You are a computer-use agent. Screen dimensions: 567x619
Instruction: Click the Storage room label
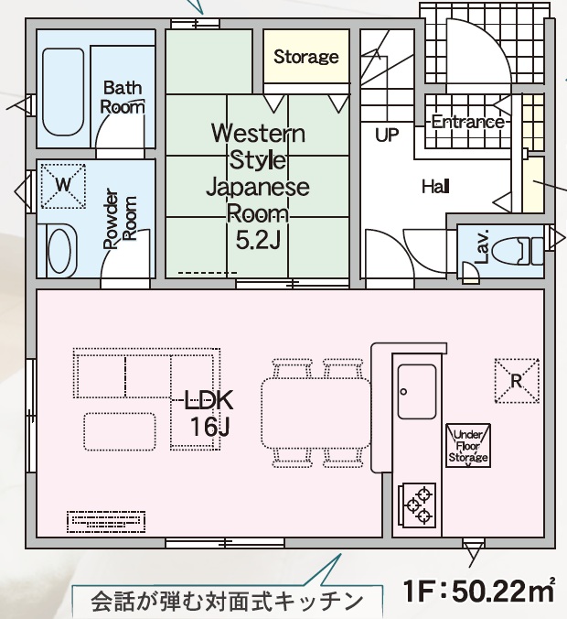[306, 57]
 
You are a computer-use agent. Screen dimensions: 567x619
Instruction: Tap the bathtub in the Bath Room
[63, 92]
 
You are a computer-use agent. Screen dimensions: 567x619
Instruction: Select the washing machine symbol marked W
[63, 186]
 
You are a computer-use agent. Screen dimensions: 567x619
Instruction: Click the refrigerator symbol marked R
[517, 381]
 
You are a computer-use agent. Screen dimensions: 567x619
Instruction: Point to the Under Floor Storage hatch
[468, 446]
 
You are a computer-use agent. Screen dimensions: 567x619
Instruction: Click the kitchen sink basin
[417, 391]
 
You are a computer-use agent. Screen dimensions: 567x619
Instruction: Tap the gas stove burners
[417, 505]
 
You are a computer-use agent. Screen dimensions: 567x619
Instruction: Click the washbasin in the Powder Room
[59, 250]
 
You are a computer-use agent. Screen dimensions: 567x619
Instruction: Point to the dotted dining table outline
[316, 414]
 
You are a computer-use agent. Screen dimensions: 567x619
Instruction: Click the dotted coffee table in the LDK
[120, 431]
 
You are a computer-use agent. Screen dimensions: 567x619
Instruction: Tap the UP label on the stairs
[387, 136]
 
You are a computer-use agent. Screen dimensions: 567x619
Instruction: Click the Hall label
[435, 186]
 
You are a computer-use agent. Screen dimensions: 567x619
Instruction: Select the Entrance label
[468, 121]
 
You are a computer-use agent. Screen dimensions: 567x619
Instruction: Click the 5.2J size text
[258, 240]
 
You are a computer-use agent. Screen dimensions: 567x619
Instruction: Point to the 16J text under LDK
[209, 426]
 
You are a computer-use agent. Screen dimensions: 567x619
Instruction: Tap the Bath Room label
[123, 97]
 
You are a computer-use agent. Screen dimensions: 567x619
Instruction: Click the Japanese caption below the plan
[226, 601]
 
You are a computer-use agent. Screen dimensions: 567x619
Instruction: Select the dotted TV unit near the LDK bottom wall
[106, 522]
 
